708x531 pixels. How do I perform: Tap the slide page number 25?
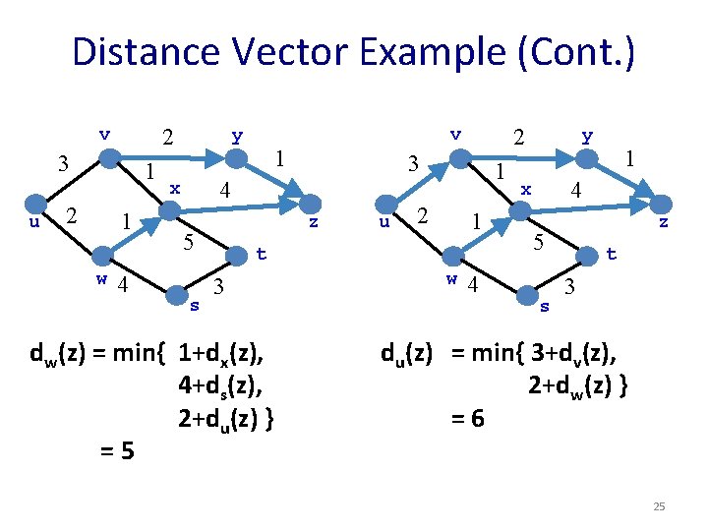point(659,506)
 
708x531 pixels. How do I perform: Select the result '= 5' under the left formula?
point(118,451)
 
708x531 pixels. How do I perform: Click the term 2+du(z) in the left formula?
point(225,419)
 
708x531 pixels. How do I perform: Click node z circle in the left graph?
point(312,203)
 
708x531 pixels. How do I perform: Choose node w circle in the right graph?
point(454,257)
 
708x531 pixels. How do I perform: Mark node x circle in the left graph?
point(170,209)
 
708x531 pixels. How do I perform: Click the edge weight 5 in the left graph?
point(187,240)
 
